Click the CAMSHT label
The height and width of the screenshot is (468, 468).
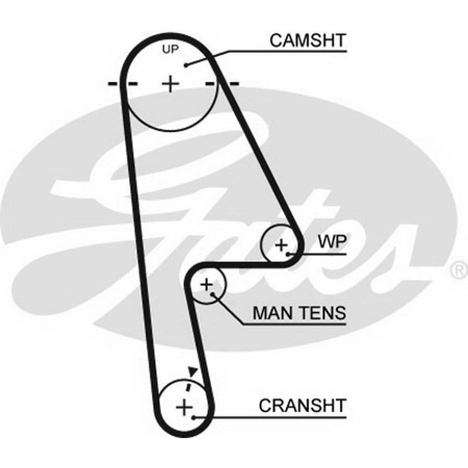(x=307, y=41)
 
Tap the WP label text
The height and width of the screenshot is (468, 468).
(x=332, y=242)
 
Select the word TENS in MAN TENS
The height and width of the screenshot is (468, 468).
(x=322, y=313)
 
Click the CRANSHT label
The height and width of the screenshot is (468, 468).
(x=302, y=405)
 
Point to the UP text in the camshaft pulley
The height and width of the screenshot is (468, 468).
(x=170, y=49)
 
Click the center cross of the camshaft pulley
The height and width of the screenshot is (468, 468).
(x=170, y=84)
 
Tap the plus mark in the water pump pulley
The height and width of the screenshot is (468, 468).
(x=281, y=245)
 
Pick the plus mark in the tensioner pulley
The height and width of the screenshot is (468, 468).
(x=206, y=285)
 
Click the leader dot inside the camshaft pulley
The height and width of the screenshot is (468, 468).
(x=186, y=65)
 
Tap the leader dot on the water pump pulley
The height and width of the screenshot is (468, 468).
(x=288, y=254)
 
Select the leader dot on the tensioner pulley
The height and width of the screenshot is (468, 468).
(x=212, y=294)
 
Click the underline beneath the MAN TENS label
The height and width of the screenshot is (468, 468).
(x=294, y=324)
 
